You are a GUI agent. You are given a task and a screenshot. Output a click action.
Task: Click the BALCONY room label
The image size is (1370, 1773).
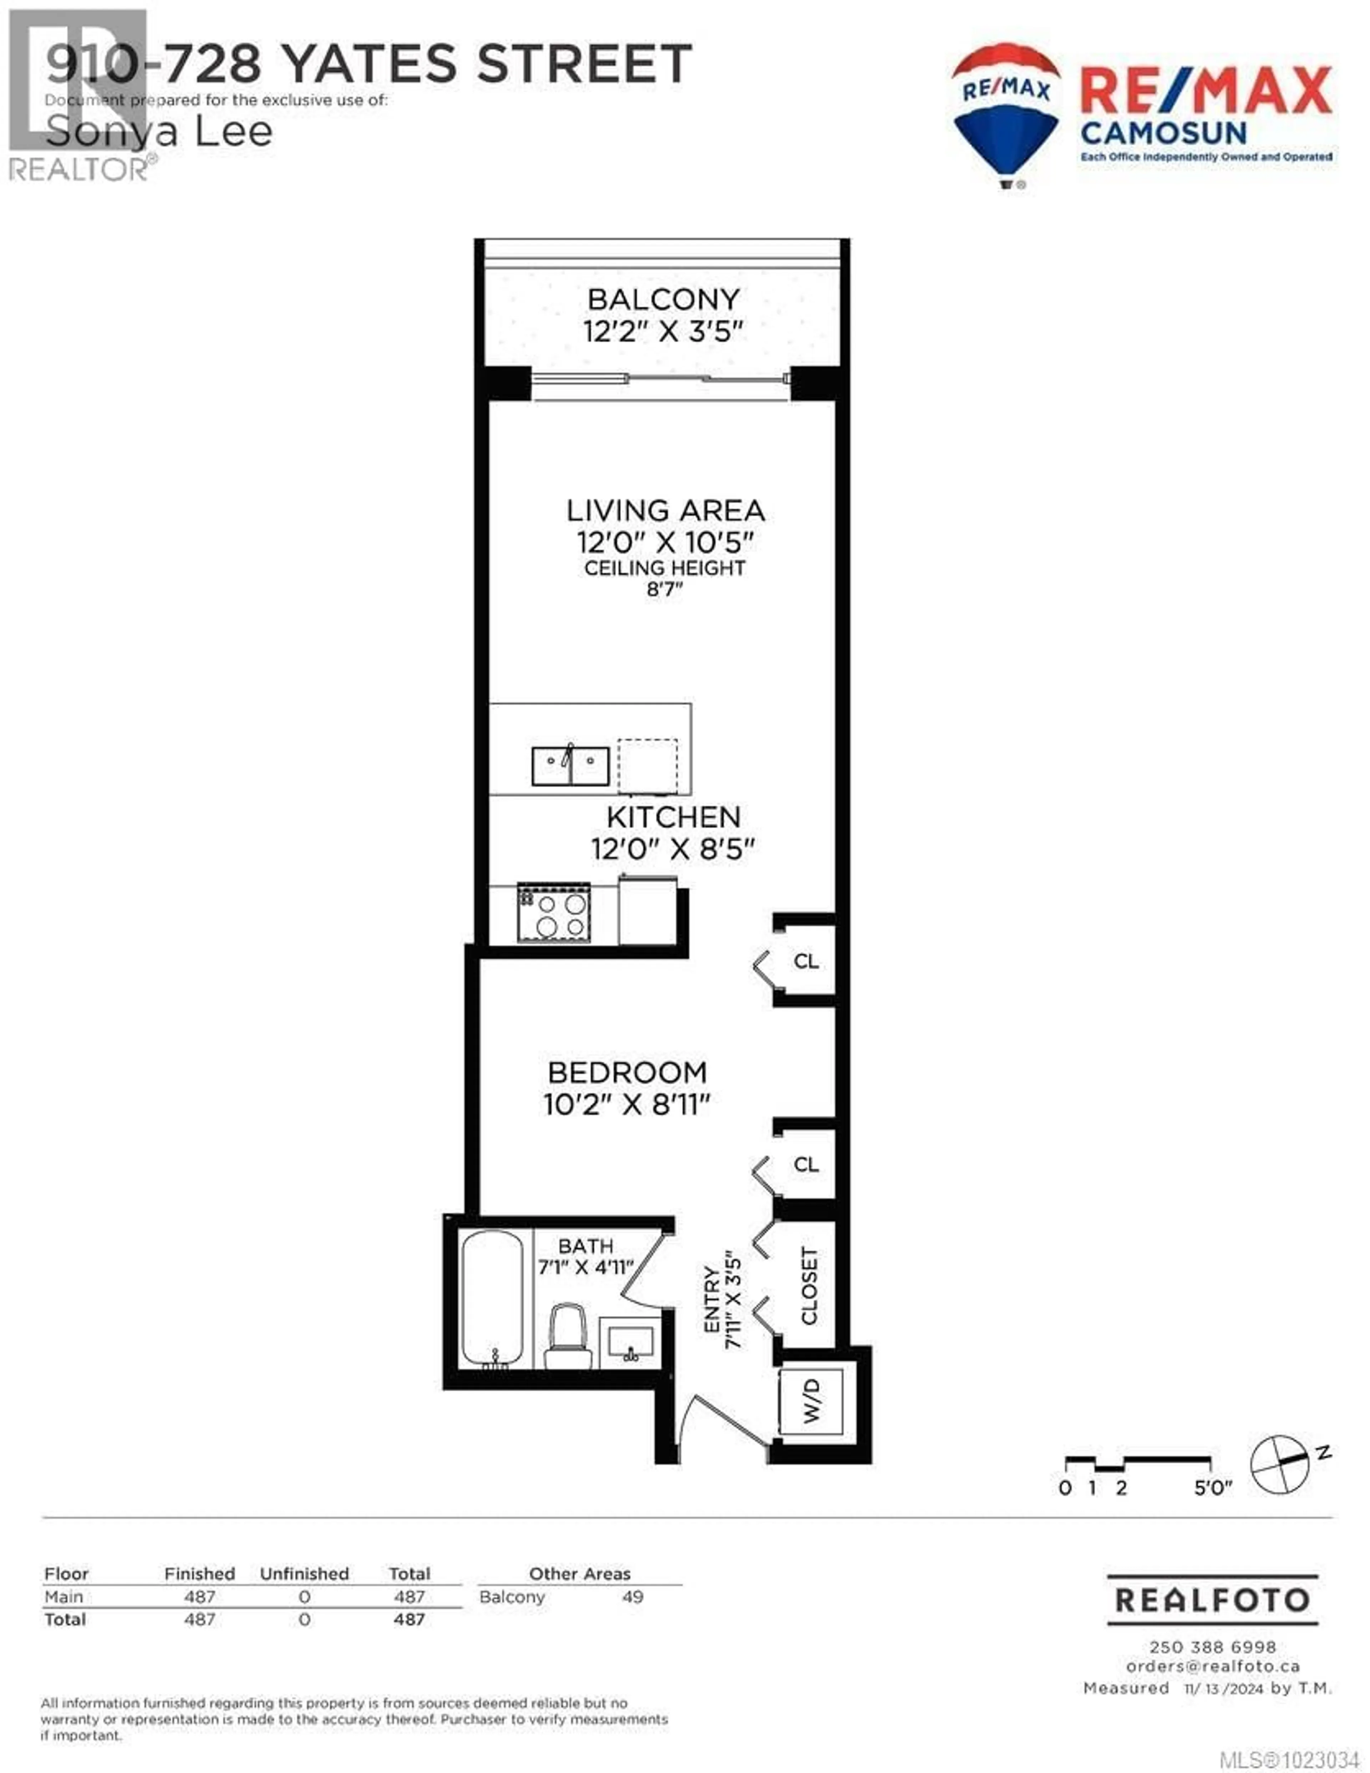pos(663,299)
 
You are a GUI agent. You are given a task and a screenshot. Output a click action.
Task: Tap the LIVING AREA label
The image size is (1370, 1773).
pos(665,511)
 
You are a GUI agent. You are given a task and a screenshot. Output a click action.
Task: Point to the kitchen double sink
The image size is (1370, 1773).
pos(570,766)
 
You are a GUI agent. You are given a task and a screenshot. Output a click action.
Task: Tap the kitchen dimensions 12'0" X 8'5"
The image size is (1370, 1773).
pos(673,849)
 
